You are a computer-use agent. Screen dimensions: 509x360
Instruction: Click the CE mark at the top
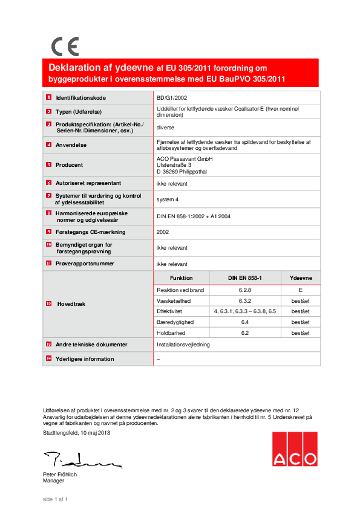[x=64, y=47]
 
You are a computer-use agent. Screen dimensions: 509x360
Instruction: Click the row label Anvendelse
[x=71, y=145]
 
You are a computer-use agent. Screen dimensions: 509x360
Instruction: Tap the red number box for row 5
[x=48, y=164]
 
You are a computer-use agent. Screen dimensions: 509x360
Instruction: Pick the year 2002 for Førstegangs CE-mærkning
[x=162, y=232]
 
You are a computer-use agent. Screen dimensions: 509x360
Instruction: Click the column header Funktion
[x=182, y=278]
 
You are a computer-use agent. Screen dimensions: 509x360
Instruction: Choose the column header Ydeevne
[x=301, y=278]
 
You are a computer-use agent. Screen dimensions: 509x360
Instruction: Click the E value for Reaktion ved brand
[x=301, y=290]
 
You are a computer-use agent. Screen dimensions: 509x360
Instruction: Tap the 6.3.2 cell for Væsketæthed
[x=244, y=300]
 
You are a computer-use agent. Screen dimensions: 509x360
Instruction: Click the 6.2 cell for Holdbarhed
[x=244, y=333]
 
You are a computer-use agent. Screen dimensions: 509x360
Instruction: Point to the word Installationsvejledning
[x=183, y=345]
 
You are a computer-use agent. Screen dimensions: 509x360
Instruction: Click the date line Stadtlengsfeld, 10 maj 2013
[x=76, y=433]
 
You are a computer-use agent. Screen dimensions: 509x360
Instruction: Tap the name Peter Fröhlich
[x=60, y=475]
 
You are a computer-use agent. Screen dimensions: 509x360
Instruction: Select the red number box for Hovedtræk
[x=48, y=304]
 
